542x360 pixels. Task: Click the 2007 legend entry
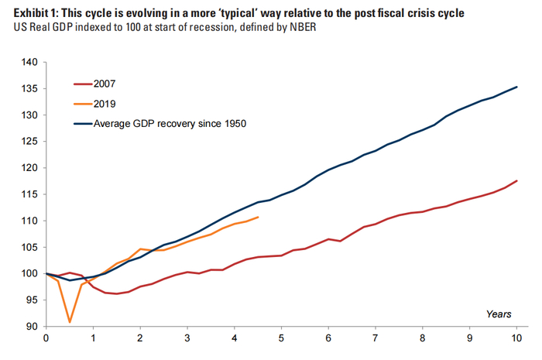pyautogui.click(x=94, y=84)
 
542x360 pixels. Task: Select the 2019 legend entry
pyautogui.click(x=94, y=104)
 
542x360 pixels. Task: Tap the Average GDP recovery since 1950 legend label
pyautogui.click(x=170, y=124)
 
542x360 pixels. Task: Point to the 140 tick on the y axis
pyautogui.click(x=29, y=62)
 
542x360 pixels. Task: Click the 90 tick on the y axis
pyautogui.click(x=32, y=327)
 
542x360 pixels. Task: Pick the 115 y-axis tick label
pyautogui.click(x=29, y=194)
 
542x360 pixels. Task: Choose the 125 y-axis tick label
pyautogui.click(x=29, y=142)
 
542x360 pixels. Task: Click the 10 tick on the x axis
pyautogui.click(x=516, y=338)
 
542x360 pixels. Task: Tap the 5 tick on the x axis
pyautogui.click(x=281, y=338)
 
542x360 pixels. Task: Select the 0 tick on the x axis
pyautogui.click(x=46, y=338)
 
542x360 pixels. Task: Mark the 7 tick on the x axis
pyautogui.click(x=375, y=338)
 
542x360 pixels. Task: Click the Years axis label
pyautogui.click(x=499, y=314)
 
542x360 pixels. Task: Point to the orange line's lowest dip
pyautogui.click(x=70, y=322)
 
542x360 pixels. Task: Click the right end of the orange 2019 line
pyautogui.click(x=258, y=217)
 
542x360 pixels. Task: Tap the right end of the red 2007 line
pyautogui.click(x=516, y=180)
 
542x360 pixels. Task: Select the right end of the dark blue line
pyautogui.click(x=516, y=87)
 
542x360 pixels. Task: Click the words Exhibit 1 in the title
pyautogui.click(x=36, y=13)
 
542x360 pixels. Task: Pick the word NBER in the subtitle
pyautogui.click(x=303, y=27)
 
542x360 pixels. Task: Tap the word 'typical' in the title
pyautogui.click(x=238, y=13)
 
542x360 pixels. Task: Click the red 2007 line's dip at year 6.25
pyautogui.click(x=340, y=241)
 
